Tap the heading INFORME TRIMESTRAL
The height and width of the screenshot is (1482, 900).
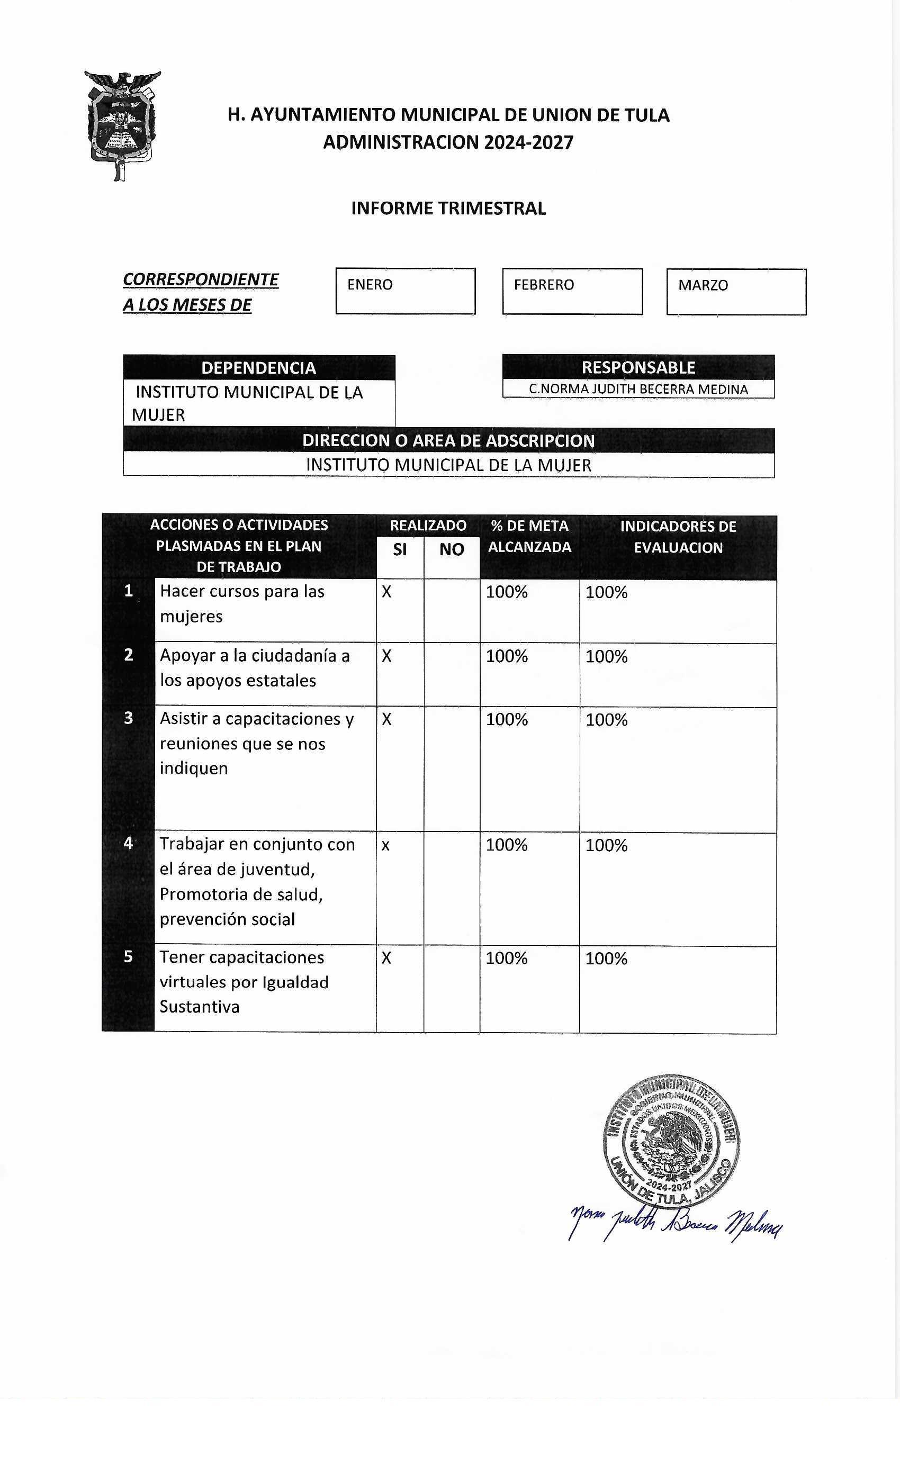tap(448, 209)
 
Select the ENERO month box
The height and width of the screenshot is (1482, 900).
tap(405, 291)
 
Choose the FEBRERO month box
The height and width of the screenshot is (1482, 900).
tap(572, 291)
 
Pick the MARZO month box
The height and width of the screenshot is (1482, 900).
tap(736, 292)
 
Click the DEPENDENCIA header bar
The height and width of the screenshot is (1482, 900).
tap(259, 367)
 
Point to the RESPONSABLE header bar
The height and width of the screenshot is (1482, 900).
tap(638, 367)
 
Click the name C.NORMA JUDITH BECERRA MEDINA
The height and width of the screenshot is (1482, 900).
tap(638, 389)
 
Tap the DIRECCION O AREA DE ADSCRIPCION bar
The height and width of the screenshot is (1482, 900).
tap(448, 440)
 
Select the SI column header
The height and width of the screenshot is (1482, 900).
tap(400, 549)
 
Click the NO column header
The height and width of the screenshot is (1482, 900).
tap(451, 549)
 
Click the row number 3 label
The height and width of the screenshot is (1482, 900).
tap(128, 718)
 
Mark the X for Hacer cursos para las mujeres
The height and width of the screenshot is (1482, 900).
tap(387, 592)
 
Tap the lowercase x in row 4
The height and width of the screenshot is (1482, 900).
tap(385, 845)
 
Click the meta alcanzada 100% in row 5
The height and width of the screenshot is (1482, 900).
tap(507, 958)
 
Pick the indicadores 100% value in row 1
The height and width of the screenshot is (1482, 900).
tap(606, 592)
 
